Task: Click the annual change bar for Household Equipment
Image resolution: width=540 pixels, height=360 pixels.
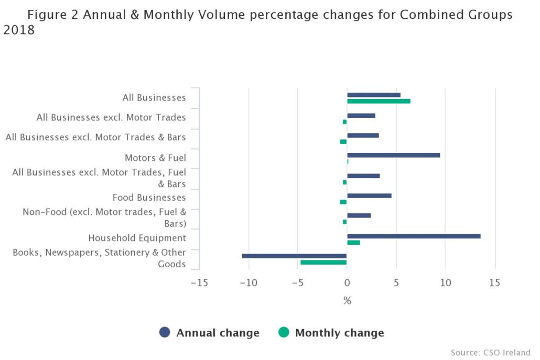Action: (414, 236)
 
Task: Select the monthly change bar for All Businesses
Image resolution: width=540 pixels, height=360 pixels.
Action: (379, 101)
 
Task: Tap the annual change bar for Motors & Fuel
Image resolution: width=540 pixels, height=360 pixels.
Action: (393, 155)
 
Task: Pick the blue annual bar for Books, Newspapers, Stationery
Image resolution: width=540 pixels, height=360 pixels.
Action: (294, 256)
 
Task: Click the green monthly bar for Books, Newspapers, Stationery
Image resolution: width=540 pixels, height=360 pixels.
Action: (323, 262)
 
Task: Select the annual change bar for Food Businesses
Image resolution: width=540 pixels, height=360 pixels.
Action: (369, 195)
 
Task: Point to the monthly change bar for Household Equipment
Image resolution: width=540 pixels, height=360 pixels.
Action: (353, 242)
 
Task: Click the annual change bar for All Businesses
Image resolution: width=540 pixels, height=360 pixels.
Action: (373, 95)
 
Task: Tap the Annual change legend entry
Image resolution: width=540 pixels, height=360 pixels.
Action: (209, 333)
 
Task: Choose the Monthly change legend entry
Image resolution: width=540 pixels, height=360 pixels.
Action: (331, 333)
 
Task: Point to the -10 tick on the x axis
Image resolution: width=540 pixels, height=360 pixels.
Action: (248, 283)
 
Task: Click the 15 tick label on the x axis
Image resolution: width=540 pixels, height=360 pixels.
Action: (494, 283)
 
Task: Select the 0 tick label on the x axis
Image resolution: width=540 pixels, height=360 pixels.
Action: (347, 283)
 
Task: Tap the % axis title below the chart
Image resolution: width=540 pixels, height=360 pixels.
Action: (347, 301)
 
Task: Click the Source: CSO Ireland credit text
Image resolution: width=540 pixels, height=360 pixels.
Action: (490, 352)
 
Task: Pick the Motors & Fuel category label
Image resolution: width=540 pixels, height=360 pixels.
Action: (155, 158)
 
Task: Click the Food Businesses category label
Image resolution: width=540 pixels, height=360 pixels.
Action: (149, 198)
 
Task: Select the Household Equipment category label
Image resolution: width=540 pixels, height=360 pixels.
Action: (137, 238)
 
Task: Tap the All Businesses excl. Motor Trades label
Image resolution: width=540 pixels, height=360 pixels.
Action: (111, 117)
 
